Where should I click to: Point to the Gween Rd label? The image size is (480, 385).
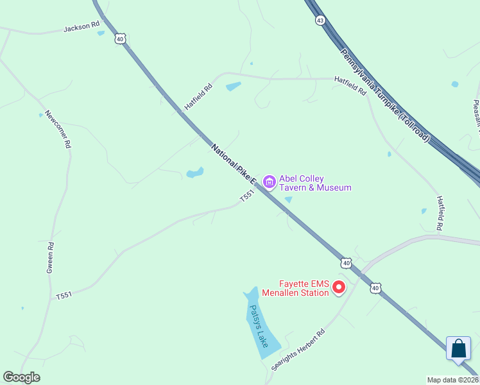pyautogui.click(x=49, y=257)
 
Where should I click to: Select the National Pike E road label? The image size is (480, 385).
pyautogui.click(x=234, y=164)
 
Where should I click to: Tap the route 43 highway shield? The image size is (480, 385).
pyautogui.click(x=320, y=21)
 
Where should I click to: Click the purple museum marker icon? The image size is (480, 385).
pyautogui.click(x=270, y=183)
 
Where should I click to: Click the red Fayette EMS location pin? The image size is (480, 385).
pyautogui.click(x=339, y=287)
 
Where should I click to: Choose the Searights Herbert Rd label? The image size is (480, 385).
pyautogui.click(x=298, y=350)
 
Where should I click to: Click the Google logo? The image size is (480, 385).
pyautogui.click(x=21, y=377)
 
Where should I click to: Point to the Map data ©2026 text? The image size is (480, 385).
pyautogui.click(x=452, y=380)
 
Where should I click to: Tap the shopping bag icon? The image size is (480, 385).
pyautogui.click(x=458, y=348)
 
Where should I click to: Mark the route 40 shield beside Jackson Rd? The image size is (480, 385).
pyautogui.click(x=120, y=39)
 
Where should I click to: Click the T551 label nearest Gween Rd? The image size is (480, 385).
pyautogui.click(x=64, y=295)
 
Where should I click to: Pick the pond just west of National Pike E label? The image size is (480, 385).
pyautogui.click(x=194, y=173)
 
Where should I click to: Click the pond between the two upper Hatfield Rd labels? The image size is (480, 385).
pyautogui.click(x=234, y=86)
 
